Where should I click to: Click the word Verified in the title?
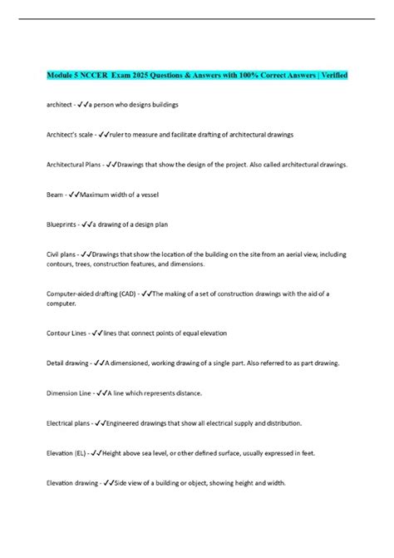331,76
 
